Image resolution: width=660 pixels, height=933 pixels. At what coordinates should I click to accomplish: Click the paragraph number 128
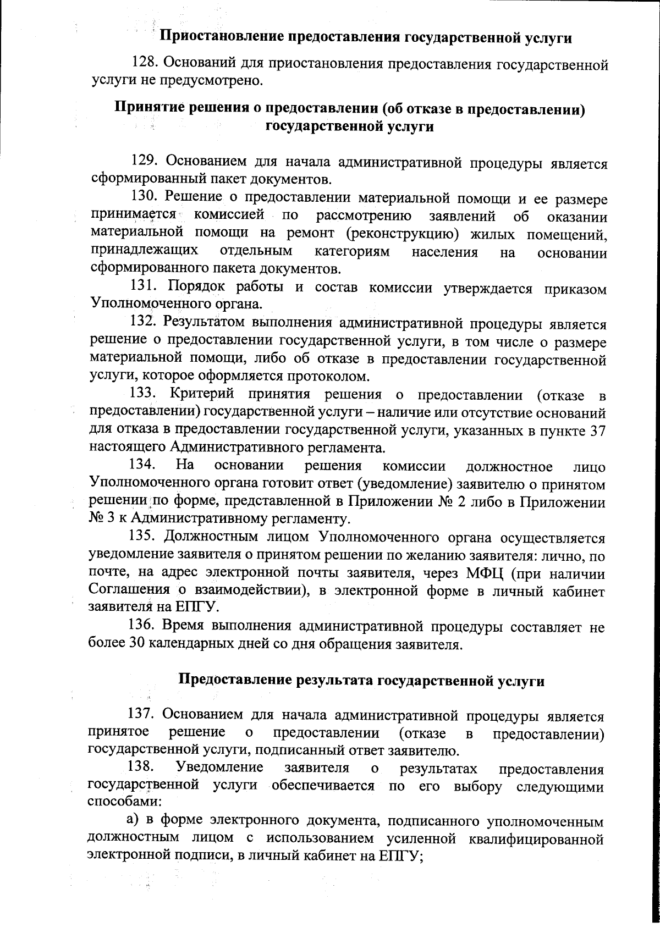coord(146,64)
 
